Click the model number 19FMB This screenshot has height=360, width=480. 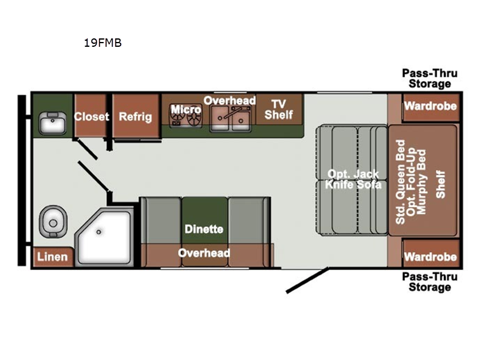(x=103, y=43)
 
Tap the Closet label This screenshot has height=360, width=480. (x=92, y=116)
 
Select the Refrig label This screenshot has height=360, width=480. (x=136, y=116)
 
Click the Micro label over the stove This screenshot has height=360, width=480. (x=186, y=109)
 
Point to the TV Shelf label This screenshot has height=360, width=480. (x=278, y=110)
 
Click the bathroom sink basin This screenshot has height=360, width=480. (x=53, y=123)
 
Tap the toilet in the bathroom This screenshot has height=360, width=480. (x=53, y=221)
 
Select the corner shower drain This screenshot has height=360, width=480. (x=98, y=232)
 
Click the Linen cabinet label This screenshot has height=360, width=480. (x=52, y=257)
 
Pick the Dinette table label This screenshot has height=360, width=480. (x=204, y=229)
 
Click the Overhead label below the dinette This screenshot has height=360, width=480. (x=204, y=253)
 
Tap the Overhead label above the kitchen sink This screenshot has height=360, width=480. (x=230, y=100)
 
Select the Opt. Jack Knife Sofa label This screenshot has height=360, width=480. (x=353, y=179)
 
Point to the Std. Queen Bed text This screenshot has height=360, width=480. (x=400, y=182)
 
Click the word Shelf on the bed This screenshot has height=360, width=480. (x=440, y=184)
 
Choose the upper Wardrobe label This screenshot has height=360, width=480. (x=430, y=106)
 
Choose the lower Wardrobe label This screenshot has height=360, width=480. (x=430, y=257)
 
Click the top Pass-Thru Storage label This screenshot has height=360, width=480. (x=430, y=79)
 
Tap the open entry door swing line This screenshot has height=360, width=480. (x=307, y=280)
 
